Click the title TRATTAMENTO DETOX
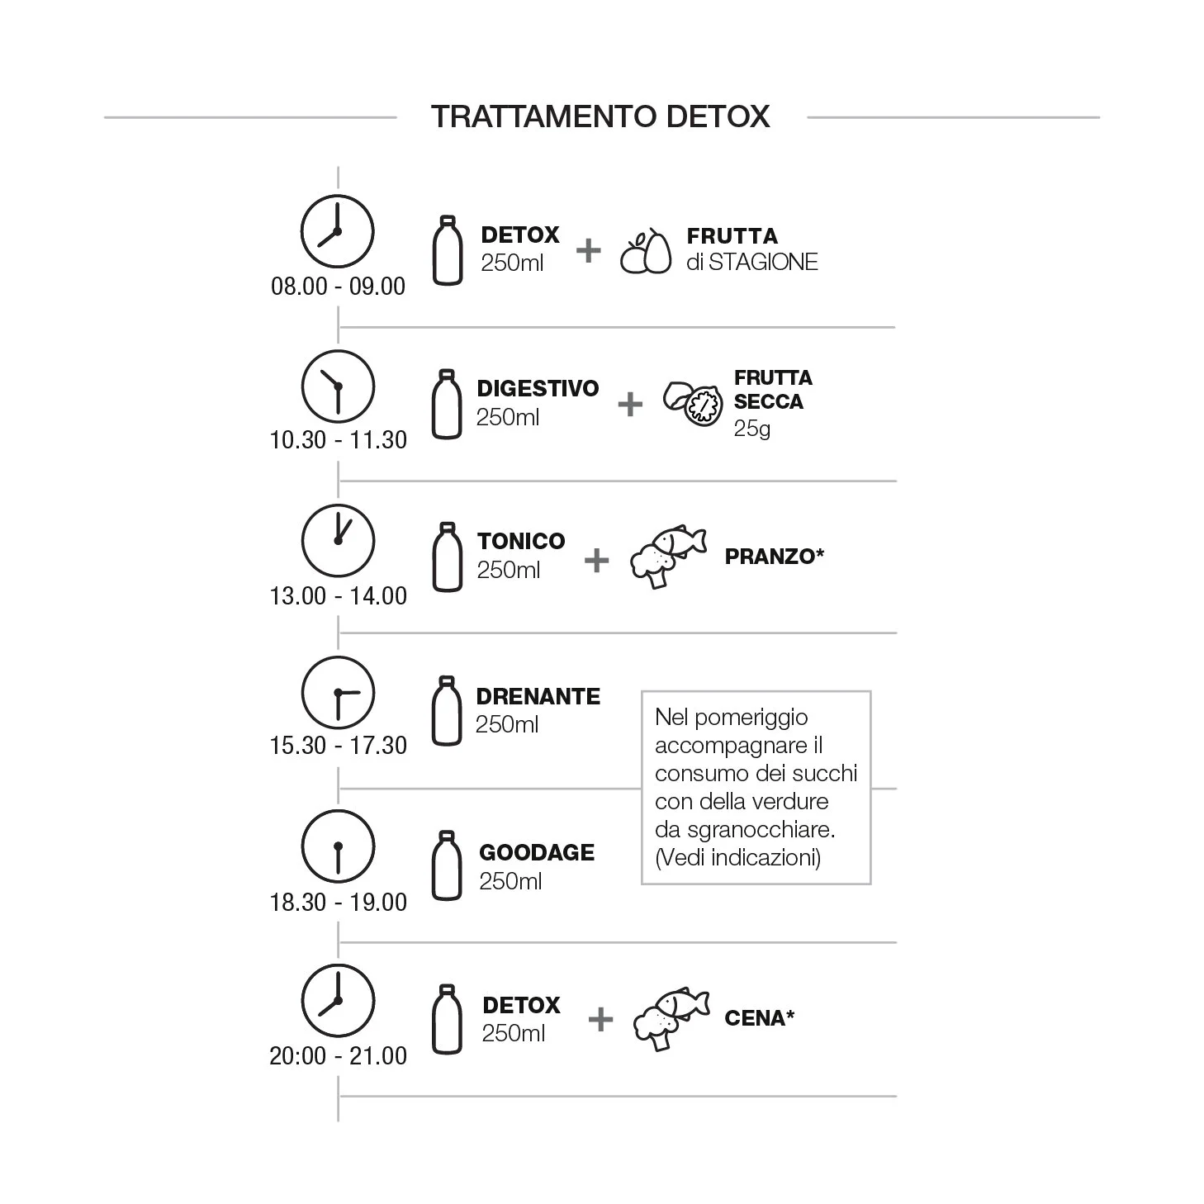(600, 116)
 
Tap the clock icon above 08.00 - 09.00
(338, 231)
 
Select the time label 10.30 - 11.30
(338, 440)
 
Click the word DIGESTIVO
(538, 388)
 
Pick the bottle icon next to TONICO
(448, 557)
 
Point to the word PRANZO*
(775, 556)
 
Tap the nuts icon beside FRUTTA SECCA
(693, 404)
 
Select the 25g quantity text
(751, 429)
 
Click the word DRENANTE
(538, 696)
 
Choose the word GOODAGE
(537, 852)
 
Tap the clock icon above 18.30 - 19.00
(338, 846)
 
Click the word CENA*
(760, 1018)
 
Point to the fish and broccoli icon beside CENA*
(671, 1018)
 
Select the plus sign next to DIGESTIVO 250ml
(630, 405)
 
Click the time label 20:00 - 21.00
(338, 1055)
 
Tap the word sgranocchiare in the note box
(761, 831)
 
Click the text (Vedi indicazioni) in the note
(738, 857)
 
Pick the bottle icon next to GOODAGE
(447, 865)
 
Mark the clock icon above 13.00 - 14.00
(338, 540)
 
